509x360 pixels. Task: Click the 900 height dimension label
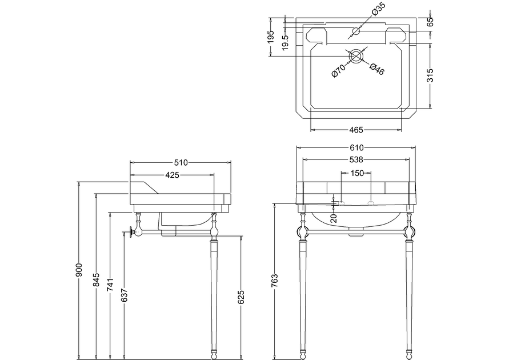(79, 270)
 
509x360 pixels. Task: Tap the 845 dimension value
(97, 280)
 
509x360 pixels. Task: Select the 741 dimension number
(110, 286)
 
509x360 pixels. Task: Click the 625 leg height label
(241, 297)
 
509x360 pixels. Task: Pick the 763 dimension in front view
(275, 281)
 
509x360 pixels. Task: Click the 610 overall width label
(356, 147)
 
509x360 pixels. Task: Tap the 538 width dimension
(356, 159)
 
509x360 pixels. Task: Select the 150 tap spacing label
(357, 173)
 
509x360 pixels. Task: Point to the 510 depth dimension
(181, 162)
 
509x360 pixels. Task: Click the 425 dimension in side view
(172, 175)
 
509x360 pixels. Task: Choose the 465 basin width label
(356, 130)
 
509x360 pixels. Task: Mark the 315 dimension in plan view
(430, 75)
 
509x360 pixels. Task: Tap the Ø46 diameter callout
(377, 69)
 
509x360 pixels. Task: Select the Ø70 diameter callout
(338, 70)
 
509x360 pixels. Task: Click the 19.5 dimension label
(285, 42)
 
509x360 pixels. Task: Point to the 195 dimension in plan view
(271, 37)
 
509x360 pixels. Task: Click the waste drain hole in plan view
(355, 56)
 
